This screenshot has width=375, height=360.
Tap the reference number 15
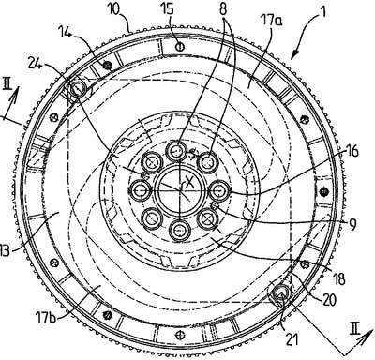pos(168,9)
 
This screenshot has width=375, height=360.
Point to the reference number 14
pos(66,31)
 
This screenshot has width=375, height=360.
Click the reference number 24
pos(36,63)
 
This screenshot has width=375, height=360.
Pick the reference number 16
pos(351,153)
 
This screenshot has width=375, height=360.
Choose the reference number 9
pos(352,224)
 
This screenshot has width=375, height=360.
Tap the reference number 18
pos(338,278)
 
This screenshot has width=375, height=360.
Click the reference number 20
pos(328,299)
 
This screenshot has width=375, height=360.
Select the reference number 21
pos(292,339)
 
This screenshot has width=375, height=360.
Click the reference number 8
pos(223,9)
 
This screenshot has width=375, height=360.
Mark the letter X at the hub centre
pos(189,181)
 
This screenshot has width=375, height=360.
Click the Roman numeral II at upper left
pos(7,85)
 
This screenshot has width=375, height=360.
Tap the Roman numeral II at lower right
pos(354,329)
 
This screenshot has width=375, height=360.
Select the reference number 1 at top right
pos(323,12)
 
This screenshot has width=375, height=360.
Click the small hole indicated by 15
pos(180,47)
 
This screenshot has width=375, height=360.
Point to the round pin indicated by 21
pos(279,293)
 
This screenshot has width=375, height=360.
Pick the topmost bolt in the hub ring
pos(176,151)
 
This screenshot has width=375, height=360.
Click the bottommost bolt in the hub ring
pos(180,231)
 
